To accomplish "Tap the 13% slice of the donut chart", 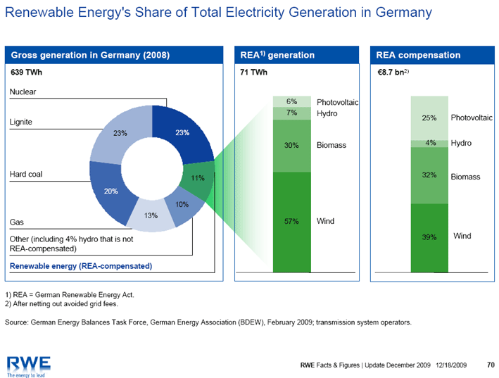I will point(150,217).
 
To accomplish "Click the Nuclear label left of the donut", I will point(23,92).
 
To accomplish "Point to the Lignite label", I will point(22,122).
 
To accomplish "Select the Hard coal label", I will point(26,174).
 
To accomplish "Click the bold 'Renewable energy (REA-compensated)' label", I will point(80,266).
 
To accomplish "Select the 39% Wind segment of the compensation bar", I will point(429,238).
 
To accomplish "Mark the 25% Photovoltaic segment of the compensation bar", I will point(429,118).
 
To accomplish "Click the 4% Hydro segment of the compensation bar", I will point(429,144).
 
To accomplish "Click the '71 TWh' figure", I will point(254,73).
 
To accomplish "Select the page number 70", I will point(491,365).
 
